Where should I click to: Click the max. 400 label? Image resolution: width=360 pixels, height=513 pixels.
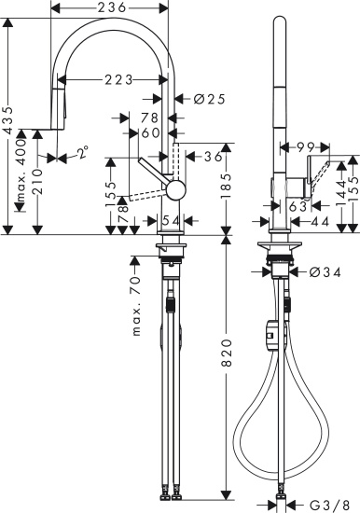(21, 185)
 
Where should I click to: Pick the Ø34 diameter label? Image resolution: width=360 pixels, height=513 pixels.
(317, 273)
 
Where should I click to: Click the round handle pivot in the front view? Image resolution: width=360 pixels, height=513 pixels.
(171, 190)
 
